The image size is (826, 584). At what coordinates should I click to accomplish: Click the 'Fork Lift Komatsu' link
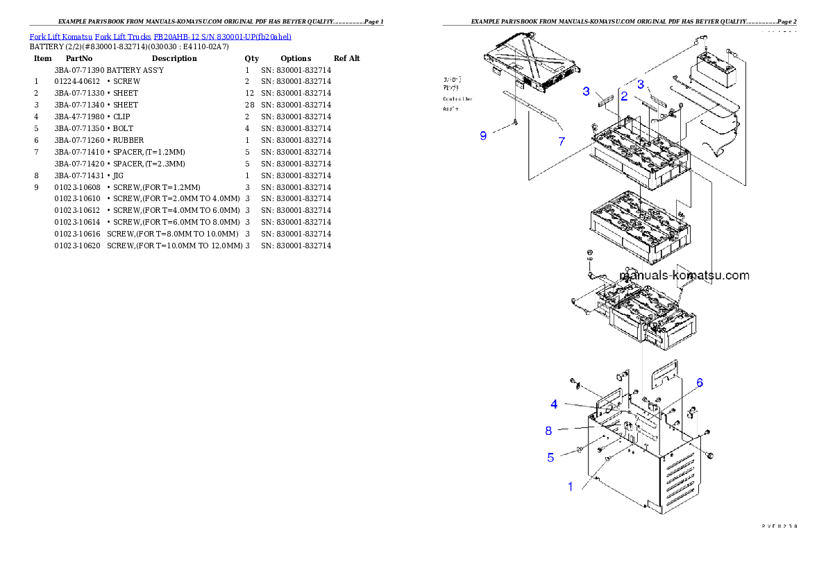point(61,36)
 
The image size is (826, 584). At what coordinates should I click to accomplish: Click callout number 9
point(483,136)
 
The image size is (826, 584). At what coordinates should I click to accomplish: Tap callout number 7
point(562,141)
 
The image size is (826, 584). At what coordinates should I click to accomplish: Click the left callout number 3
point(587,92)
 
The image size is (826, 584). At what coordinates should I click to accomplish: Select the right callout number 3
point(641,84)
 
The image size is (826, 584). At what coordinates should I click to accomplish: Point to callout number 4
point(555,404)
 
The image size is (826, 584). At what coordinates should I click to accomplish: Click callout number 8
point(548,431)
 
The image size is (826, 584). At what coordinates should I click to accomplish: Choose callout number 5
point(550,457)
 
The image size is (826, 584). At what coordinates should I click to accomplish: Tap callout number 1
point(571,487)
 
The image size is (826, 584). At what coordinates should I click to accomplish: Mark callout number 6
point(700,383)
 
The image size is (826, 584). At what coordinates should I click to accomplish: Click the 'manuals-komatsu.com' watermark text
point(684,275)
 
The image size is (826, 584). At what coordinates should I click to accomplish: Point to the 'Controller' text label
point(457,99)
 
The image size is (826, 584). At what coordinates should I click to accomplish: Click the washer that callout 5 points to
point(578,452)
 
